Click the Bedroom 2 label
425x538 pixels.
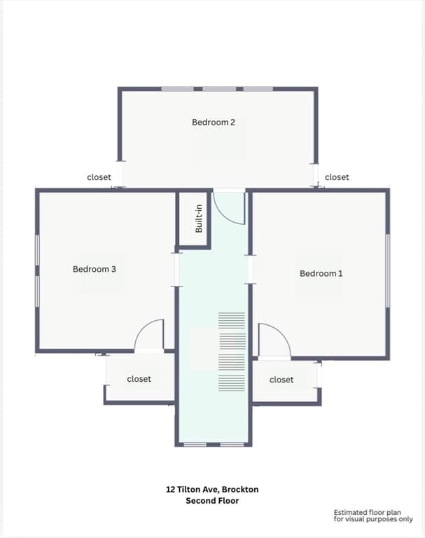(x=214, y=122)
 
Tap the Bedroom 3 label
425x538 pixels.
(x=95, y=269)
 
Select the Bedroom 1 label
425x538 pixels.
(x=321, y=273)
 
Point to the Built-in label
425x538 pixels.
(x=199, y=219)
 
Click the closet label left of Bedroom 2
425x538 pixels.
(x=99, y=177)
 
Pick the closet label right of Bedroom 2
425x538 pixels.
(x=337, y=177)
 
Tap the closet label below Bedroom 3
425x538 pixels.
(x=139, y=379)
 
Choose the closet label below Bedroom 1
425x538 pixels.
(x=281, y=380)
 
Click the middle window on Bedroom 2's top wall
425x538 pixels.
(x=219, y=89)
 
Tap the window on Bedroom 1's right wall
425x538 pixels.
(x=388, y=270)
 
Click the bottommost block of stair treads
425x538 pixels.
(x=232, y=383)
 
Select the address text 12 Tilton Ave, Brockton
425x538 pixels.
(x=212, y=489)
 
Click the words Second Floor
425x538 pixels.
(x=212, y=501)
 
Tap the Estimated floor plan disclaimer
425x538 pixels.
(x=373, y=516)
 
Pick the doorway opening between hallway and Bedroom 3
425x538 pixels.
(x=177, y=270)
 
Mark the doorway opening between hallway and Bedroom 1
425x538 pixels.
(x=251, y=269)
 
